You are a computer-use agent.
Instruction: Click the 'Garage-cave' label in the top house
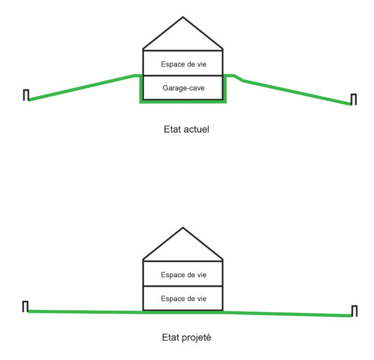pyautogui.click(x=184, y=88)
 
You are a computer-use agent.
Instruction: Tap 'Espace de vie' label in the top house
pyautogui.click(x=184, y=64)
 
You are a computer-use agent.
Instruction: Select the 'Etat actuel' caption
pyautogui.click(x=187, y=130)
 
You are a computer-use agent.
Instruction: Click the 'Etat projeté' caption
pyautogui.click(x=187, y=338)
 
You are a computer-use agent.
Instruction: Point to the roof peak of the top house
pyautogui.click(x=183, y=17)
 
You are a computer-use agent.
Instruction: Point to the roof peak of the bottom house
pyautogui.click(x=183, y=227)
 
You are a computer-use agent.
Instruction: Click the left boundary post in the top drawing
pyautogui.click(x=26, y=95)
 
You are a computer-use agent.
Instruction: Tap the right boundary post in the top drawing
pyautogui.click(x=354, y=99)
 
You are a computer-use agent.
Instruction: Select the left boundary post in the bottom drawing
pyautogui.click(x=25, y=307)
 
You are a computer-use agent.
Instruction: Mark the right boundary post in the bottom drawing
pyautogui.click(x=354, y=311)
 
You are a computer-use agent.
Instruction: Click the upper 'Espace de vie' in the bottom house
pyautogui.click(x=184, y=275)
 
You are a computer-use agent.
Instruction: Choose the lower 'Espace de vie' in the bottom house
pyautogui.click(x=184, y=299)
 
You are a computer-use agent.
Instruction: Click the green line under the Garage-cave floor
pyautogui.click(x=183, y=102)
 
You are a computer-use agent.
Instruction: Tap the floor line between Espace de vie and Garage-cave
pyautogui.click(x=183, y=76)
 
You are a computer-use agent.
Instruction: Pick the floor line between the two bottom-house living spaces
pyautogui.click(x=183, y=286)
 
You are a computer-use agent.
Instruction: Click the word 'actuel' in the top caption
pyautogui.click(x=196, y=130)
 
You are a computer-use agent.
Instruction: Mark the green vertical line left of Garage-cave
pyautogui.click(x=141, y=89)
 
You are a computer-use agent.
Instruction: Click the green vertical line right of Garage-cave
pyautogui.click(x=225, y=89)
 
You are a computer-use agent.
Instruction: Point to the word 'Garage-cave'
pyautogui.click(x=184, y=88)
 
